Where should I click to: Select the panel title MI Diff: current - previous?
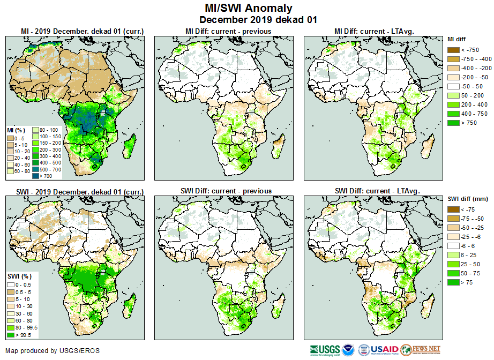tap(228, 32)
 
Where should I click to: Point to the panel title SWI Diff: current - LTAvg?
tap(377, 191)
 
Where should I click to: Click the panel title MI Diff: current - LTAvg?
tap(376, 32)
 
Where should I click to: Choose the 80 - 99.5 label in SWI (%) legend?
tap(27, 327)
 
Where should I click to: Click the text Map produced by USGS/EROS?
tap(53, 351)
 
